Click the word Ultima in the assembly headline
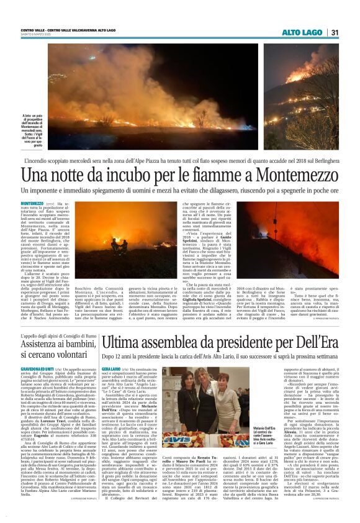(x=121, y=341)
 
